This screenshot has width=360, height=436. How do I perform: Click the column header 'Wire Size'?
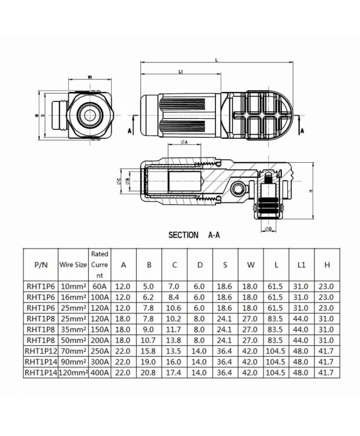(73, 264)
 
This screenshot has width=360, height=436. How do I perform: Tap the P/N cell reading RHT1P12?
(40, 350)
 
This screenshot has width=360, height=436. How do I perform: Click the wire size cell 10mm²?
(73, 287)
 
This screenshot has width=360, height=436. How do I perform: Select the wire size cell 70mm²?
(73, 350)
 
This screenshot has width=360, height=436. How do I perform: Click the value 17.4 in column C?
(174, 373)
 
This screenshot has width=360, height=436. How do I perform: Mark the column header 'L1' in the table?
(301, 264)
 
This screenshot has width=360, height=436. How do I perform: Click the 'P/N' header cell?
(40, 264)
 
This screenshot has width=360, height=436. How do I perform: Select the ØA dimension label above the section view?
(184, 142)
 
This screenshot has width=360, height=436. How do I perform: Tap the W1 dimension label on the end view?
(89, 77)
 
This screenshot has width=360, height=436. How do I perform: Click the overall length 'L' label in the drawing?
(215, 59)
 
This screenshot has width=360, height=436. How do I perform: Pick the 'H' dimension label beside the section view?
(310, 190)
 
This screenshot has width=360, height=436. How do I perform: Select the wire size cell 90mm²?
(73, 362)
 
